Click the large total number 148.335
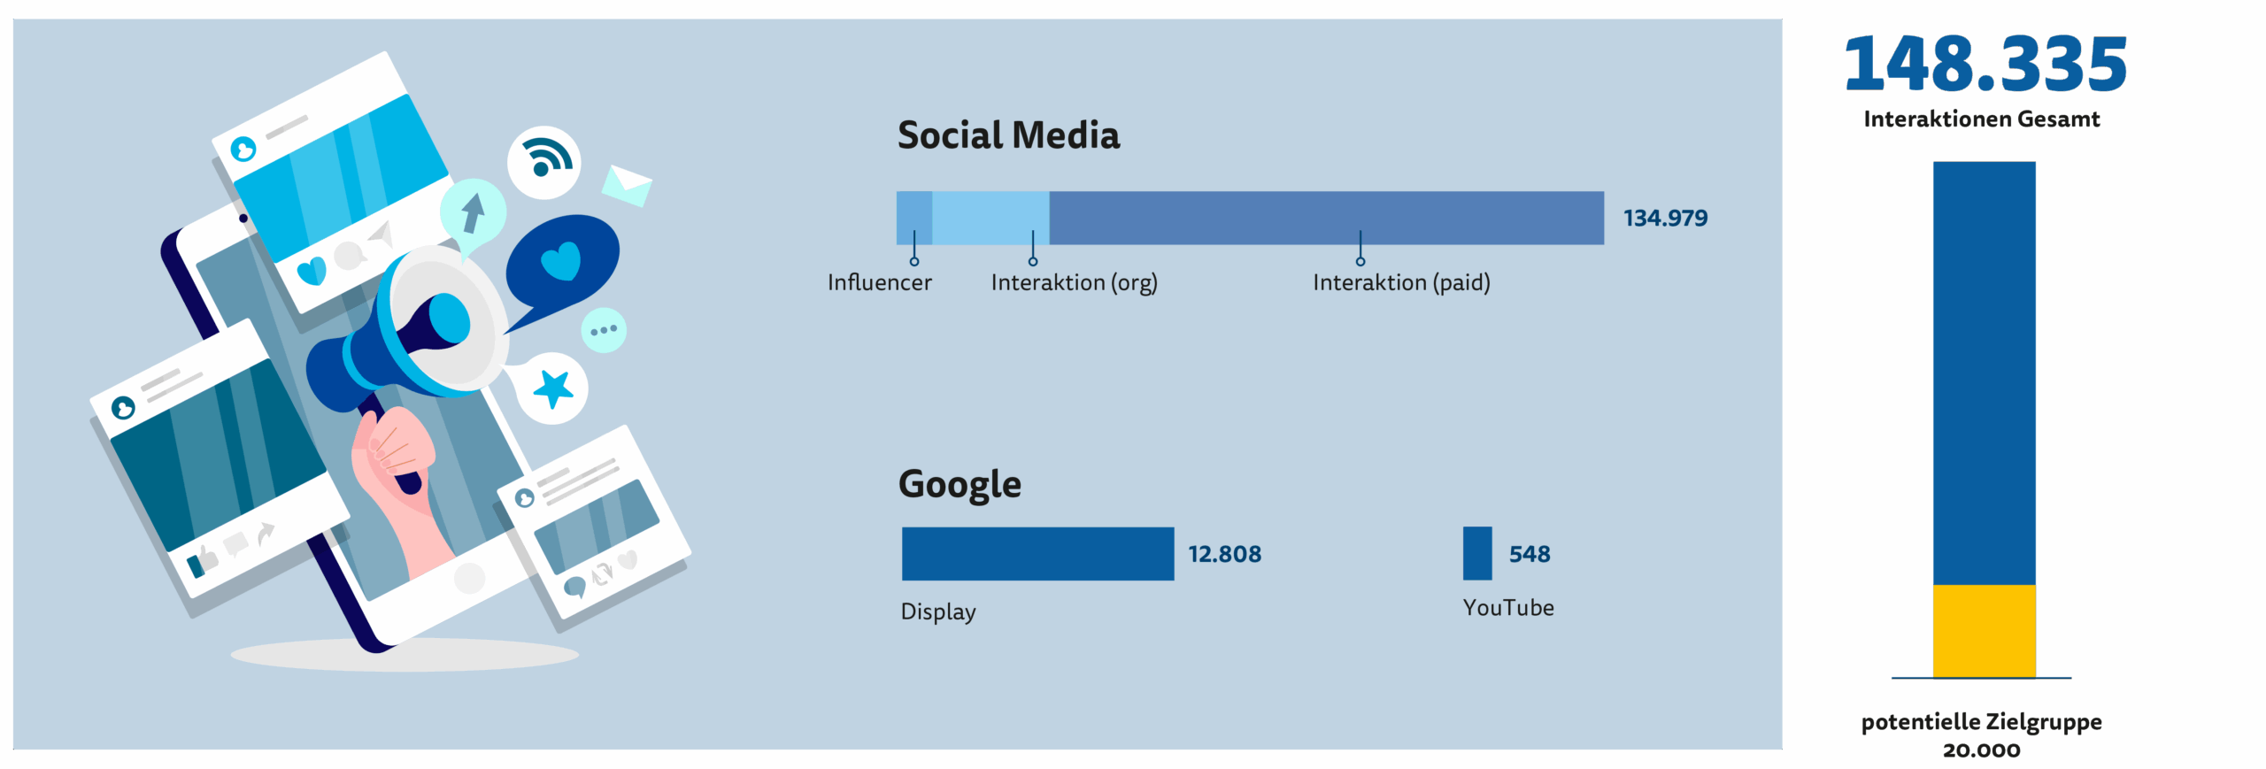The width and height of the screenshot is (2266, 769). pyautogui.click(x=1985, y=64)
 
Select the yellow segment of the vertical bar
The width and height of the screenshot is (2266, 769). pyautogui.click(x=1984, y=631)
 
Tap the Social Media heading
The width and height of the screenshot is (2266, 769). pyautogui.click(x=1008, y=135)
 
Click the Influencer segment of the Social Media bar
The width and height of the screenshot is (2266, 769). pyautogui.click(x=914, y=218)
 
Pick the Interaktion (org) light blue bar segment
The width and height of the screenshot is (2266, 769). pyautogui.click(x=991, y=218)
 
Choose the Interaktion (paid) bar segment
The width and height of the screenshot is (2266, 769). pyautogui.click(x=1327, y=218)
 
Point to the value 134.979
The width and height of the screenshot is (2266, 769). pyautogui.click(x=1665, y=218)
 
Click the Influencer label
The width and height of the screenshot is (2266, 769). pyautogui.click(x=879, y=282)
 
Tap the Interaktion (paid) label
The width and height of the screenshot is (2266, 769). pyautogui.click(x=1401, y=283)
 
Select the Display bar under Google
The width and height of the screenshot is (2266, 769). pyautogui.click(x=1037, y=554)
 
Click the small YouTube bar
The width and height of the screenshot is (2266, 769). pyautogui.click(x=1477, y=553)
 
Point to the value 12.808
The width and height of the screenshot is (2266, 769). pyautogui.click(x=1224, y=554)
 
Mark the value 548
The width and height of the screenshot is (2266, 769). pyautogui.click(x=1530, y=554)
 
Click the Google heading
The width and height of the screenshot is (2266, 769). pyautogui.click(x=960, y=485)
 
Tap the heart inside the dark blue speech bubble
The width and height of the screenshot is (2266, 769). pyautogui.click(x=560, y=262)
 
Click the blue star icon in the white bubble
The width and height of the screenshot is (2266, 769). pyautogui.click(x=554, y=388)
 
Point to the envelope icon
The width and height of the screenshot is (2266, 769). pyautogui.click(x=627, y=184)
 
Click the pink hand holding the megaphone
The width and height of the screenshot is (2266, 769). pyautogui.click(x=398, y=487)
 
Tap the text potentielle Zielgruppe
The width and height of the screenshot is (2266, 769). pyautogui.click(x=1981, y=722)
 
